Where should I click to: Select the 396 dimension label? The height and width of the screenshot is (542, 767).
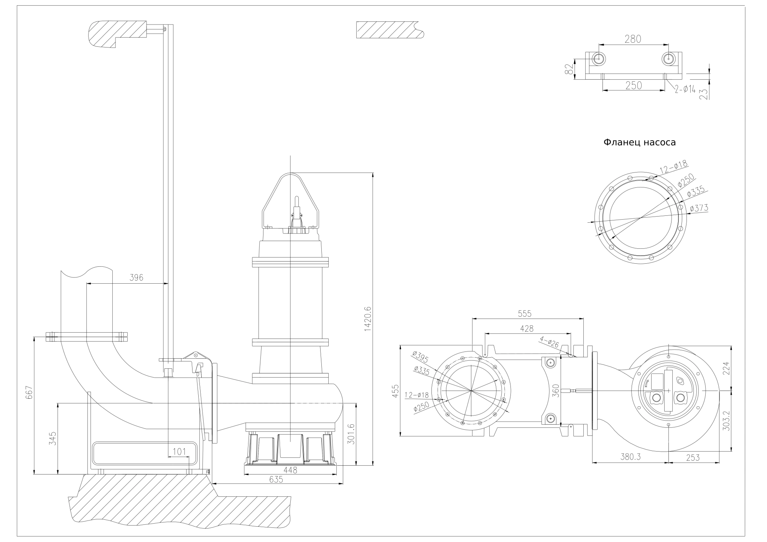click(x=136, y=278)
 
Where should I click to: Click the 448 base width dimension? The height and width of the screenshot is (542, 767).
click(x=290, y=470)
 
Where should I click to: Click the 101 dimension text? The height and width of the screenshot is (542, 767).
click(x=179, y=452)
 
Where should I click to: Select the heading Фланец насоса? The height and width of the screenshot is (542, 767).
click(x=640, y=143)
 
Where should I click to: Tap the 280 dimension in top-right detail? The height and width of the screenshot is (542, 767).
click(x=633, y=39)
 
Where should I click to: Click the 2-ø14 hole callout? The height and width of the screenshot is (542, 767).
click(x=685, y=90)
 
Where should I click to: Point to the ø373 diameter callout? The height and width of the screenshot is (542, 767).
click(x=699, y=208)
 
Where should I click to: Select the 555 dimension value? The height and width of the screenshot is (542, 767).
click(x=525, y=314)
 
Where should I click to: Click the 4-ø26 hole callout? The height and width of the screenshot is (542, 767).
click(x=549, y=342)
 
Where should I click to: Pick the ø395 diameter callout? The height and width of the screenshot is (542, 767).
click(x=421, y=357)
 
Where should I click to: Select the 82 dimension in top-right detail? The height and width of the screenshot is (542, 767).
click(x=569, y=69)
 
